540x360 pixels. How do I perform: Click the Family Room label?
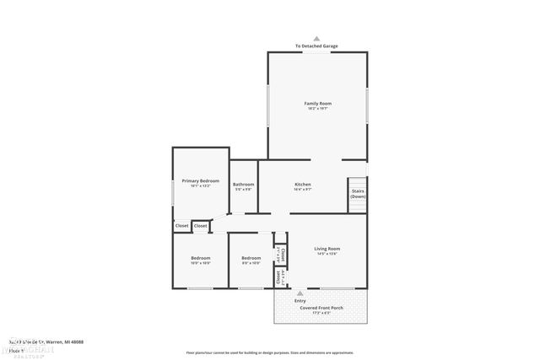click(x=317, y=103)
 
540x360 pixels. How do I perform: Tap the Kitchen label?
click(x=302, y=184)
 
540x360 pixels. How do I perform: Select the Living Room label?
click(x=327, y=248)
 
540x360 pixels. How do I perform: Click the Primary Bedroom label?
click(x=200, y=180)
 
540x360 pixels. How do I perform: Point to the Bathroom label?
click(x=244, y=184)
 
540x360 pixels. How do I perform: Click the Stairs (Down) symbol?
click(x=358, y=193)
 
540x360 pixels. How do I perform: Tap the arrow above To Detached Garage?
click(x=317, y=38)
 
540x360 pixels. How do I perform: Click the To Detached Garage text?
click(x=317, y=46)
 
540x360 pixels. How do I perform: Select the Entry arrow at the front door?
click(x=300, y=293)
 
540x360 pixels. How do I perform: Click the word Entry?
click(x=300, y=300)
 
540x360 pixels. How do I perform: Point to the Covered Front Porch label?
click(x=321, y=308)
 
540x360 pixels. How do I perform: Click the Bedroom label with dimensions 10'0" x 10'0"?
click(x=200, y=258)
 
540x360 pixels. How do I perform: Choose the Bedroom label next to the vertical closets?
click(x=251, y=258)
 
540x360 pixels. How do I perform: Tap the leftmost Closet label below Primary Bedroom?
click(x=181, y=225)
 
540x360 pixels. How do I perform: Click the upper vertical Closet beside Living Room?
click(x=282, y=254)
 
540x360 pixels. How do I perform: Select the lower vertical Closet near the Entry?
click(x=279, y=277)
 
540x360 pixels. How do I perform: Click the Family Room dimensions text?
click(x=317, y=109)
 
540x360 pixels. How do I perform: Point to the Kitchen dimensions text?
click(x=302, y=190)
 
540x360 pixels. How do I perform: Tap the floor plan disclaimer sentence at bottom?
click(x=281, y=352)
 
